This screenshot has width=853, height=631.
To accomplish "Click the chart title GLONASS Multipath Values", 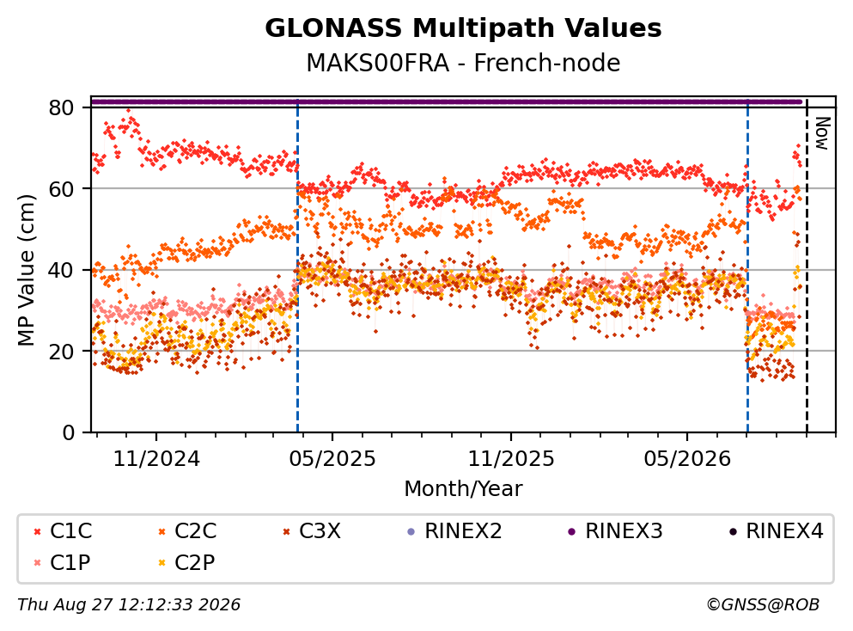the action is coord(463,28).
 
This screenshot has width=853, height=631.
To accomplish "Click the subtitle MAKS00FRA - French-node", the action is coord(463,63).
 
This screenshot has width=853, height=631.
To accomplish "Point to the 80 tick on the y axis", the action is coord(62,107).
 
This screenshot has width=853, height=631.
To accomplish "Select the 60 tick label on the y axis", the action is coord(62,189).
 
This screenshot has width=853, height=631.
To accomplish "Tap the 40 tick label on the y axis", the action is coord(62,270).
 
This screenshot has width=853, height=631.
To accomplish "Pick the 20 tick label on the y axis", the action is coord(62,351).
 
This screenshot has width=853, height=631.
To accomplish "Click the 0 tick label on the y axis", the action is coord(69,432).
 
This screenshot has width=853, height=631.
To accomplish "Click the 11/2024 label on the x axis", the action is coord(156,459).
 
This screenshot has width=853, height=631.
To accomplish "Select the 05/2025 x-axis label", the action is coord(332,459).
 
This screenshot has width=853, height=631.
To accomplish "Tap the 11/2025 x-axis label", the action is coord(511,459).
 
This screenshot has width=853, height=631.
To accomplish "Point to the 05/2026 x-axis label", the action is coord(687,459).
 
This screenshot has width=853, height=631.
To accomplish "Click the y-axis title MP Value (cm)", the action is coord(26,270).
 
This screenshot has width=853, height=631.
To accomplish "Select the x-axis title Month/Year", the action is coord(463,489).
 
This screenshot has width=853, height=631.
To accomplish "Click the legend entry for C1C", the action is coord(63,530).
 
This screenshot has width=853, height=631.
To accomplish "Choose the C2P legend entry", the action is coord(186,562).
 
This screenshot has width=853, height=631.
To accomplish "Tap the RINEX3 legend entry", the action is coord(615,530).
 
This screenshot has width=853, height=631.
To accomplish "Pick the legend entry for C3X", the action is coord(312,530).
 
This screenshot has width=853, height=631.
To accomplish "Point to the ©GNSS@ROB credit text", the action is coord(763,604).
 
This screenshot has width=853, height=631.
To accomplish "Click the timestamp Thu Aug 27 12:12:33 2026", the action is coord(129,604).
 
